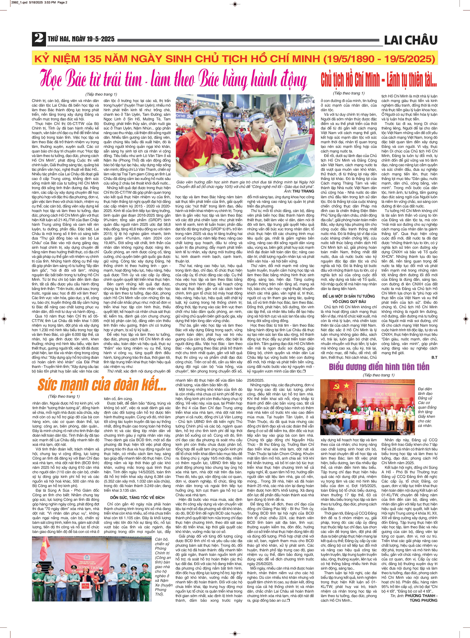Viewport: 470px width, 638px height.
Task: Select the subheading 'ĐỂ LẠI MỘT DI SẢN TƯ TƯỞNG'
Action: click(349, 296)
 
